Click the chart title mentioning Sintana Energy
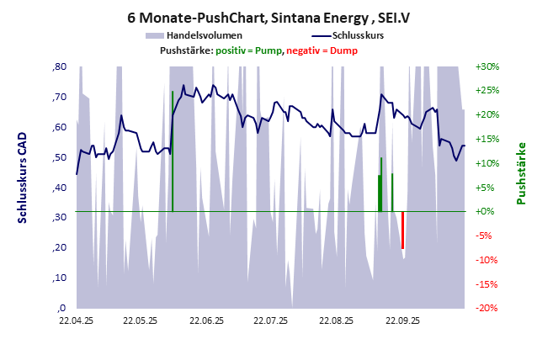pos(268,16)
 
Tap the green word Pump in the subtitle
pos(268,51)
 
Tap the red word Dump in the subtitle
pos(343,51)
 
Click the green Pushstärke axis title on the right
pos(521,173)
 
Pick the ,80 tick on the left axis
pos(60,66)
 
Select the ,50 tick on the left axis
pos(60,157)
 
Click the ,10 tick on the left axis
pos(60,278)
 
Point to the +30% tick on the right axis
pos(487,66)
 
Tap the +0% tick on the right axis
pos(487,211)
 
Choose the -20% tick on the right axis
pos(487,308)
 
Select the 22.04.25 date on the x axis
pos(76,320)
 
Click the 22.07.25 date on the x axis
pos(271,320)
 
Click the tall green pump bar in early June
pos(173,151)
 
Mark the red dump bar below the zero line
pos(403,230)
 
